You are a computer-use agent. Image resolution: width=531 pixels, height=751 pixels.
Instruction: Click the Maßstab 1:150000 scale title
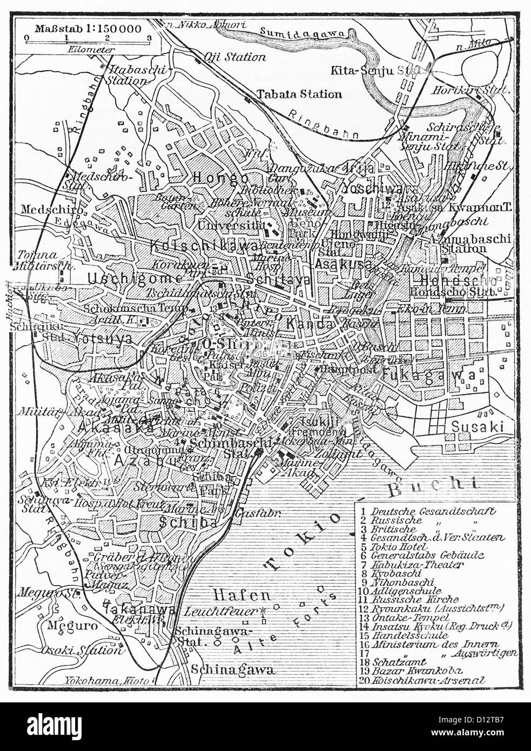[88, 28]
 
